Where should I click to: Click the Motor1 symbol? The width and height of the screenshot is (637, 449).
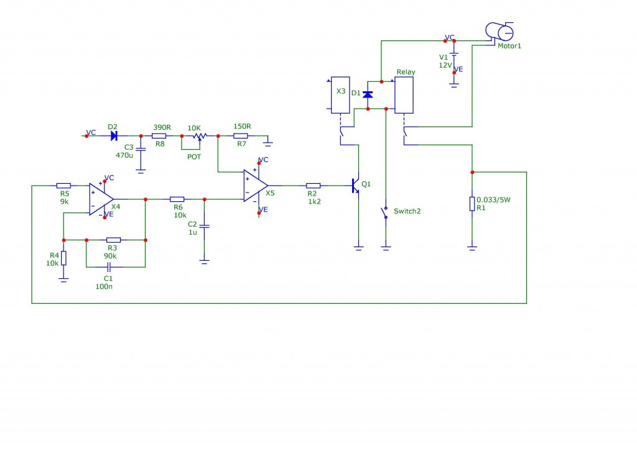pos(500,31)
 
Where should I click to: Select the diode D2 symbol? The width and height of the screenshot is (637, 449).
pos(114,136)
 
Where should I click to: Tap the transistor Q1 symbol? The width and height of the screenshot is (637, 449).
pos(355,186)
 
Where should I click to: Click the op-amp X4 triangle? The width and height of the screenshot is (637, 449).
pos(101,199)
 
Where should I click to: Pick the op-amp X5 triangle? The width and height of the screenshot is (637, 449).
pos(256,186)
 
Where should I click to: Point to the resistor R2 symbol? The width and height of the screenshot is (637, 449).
pos(314,186)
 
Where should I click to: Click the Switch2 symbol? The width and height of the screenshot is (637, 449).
pos(384,212)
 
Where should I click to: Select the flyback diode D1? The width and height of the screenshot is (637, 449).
pos(368,94)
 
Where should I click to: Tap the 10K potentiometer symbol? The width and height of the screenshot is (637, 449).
pos(200,136)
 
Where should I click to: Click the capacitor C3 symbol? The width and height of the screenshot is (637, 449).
pos(141,149)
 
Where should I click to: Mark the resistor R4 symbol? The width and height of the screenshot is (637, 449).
pos(64,258)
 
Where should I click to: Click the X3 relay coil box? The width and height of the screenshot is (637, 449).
pos(340,95)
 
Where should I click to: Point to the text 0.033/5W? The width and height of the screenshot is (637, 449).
pos(493,199)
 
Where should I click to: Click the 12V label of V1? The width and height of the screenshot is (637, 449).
pos(445,65)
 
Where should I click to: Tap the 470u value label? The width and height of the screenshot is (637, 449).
pos(124,155)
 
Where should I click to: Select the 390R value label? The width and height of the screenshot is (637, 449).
pos(162,127)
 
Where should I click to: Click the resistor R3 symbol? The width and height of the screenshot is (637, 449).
pos(113,240)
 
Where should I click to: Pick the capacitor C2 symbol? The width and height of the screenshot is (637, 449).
pos(204,226)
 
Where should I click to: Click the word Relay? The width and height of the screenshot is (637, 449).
pos(406,72)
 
